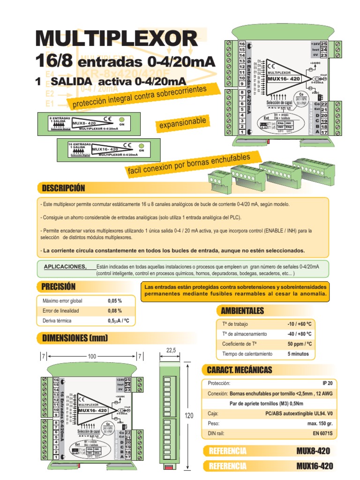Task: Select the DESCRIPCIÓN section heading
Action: point(63,188)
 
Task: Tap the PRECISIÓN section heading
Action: point(59,286)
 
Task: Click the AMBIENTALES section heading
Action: point(242,311)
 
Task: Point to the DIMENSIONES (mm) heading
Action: point(75,338)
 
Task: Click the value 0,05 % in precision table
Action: point(115,300)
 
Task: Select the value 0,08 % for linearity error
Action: point(115,311)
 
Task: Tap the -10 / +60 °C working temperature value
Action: point(300,324)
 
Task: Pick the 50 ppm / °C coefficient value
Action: point(300,344)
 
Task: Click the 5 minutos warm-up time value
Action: point(298,353)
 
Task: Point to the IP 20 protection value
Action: point(327,383)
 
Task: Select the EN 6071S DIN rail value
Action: point(322,434)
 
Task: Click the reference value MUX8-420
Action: point(313,451)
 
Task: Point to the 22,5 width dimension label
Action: point(171,350)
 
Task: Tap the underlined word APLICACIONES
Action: point(65,267)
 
